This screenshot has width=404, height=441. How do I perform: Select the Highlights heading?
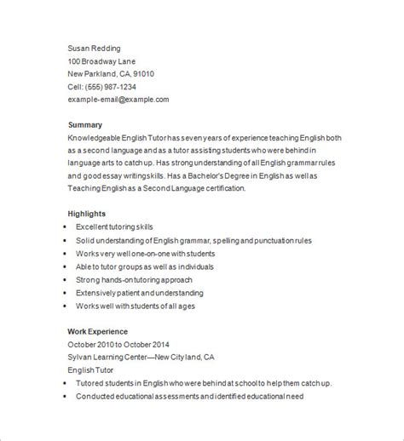click(x=87, y=214)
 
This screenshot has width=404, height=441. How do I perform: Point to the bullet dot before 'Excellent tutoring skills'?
click(x=64, y=227)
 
